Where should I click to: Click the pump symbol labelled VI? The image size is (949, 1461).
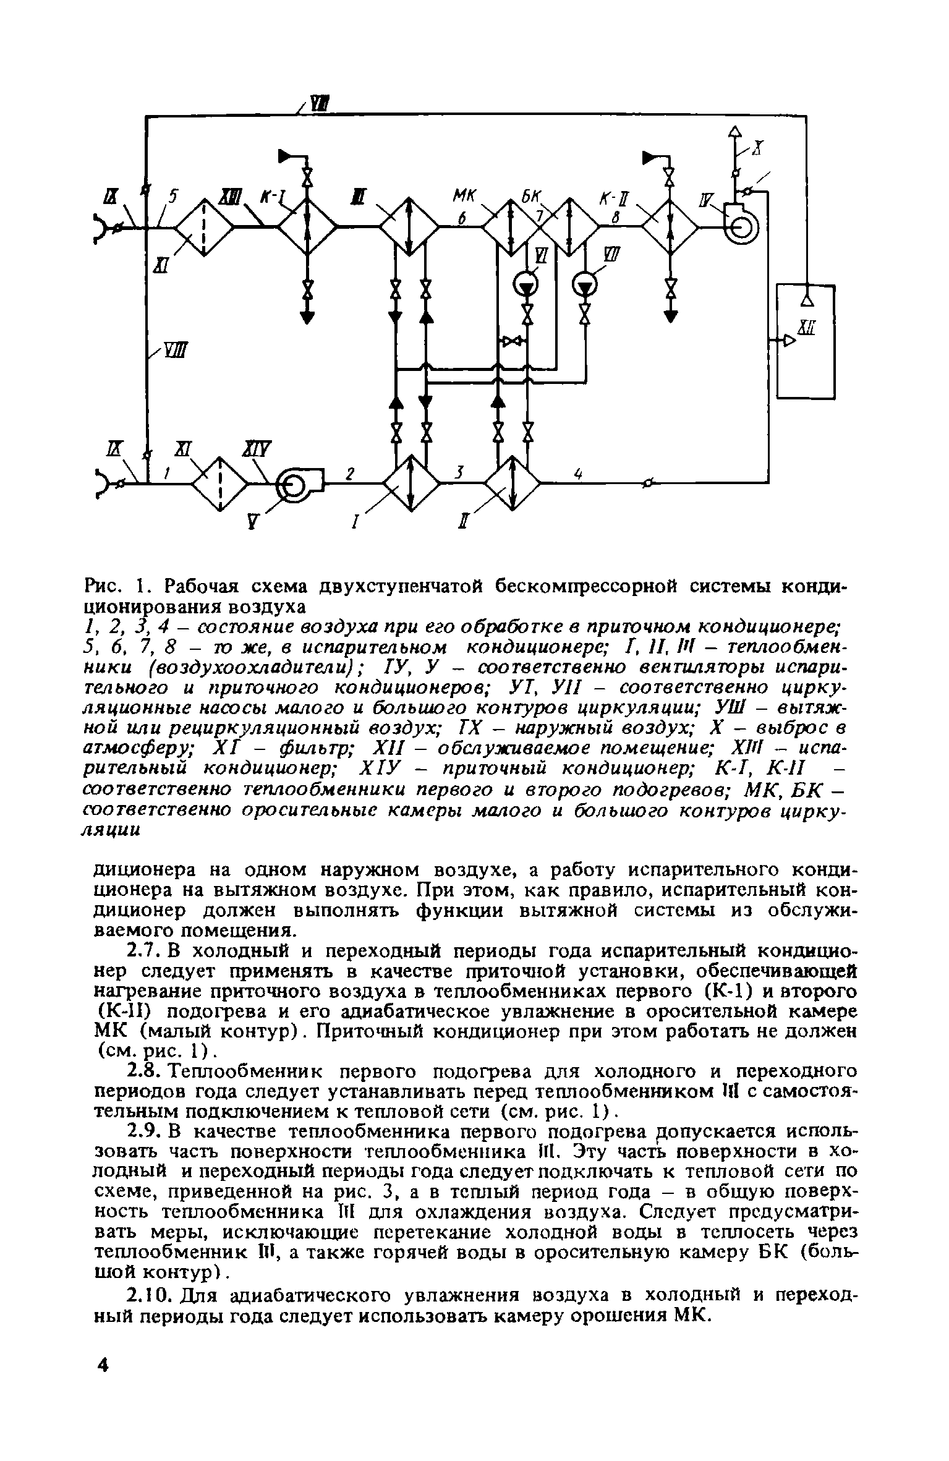pos(526,285)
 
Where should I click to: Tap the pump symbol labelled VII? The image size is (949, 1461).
pos(584,285)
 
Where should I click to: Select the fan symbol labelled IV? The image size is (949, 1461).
pos(740,228)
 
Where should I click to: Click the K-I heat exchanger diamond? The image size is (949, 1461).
pos(307,226)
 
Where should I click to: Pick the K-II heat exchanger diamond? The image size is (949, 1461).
pos(670,226)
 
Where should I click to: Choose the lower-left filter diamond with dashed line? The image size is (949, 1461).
pos(220,485)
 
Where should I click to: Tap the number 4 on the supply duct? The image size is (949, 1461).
pos(579,473)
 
